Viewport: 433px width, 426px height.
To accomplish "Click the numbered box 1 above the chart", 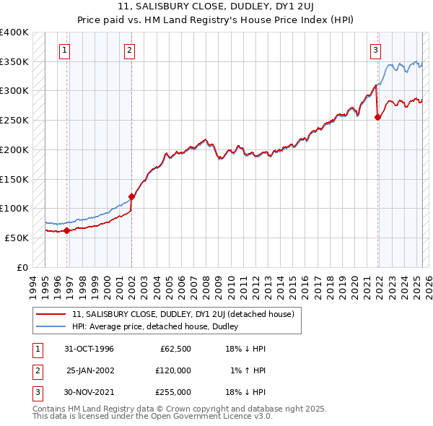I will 65,50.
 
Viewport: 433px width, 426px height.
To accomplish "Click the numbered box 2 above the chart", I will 129,50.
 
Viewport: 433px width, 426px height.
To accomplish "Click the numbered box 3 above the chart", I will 376,50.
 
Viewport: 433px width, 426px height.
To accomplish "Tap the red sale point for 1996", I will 66,231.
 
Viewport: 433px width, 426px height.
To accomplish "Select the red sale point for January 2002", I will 132,196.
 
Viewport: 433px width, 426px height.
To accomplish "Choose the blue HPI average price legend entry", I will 159,327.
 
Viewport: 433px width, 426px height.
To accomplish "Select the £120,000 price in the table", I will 173,370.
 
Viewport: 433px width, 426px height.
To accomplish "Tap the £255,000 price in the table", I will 173,391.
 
